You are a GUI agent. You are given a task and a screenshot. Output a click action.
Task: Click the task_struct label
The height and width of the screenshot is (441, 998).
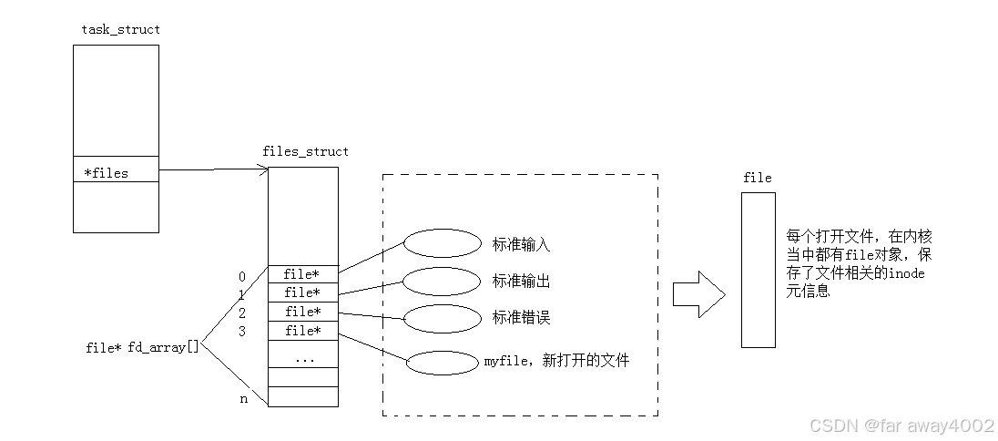[x=120, y=30]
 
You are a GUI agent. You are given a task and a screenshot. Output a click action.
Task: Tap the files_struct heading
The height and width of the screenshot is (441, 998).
[x=304, y=151]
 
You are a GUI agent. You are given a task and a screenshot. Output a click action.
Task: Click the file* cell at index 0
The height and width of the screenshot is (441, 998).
[x=302, y=274]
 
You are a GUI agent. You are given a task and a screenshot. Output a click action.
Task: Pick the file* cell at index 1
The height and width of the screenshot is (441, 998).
[x=302, y=292]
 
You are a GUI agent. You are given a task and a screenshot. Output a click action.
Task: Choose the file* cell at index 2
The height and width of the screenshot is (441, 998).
[x=302, y=312]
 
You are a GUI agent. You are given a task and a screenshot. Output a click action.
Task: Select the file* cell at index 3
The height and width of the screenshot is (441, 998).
[x=302, y=331]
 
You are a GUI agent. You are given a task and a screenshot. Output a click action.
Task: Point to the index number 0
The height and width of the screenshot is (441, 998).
[x=242, y=276]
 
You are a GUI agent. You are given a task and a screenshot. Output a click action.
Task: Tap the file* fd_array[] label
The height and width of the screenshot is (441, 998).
[x=142, y=347]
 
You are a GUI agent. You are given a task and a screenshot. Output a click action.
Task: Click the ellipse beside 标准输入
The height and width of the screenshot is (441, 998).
[x=442, y=243]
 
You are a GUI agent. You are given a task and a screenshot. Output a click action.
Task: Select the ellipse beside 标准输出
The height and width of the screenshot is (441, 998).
[x=441, y=282]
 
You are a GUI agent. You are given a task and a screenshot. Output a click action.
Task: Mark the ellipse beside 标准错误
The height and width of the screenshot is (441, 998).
[x=442, y=318]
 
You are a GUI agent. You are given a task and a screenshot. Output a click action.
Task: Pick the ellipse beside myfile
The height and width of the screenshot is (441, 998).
[x=442, y=363]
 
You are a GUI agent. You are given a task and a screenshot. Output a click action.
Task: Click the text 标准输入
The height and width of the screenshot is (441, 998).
[x=521, y=245]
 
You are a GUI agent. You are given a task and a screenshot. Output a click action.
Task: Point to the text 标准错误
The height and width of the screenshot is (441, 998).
[x=521, y=318]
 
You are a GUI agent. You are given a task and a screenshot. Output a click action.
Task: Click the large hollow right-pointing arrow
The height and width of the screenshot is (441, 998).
[x=698, y=294]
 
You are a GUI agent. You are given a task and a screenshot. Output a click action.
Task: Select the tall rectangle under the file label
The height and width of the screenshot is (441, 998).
[x=758, y=269]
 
